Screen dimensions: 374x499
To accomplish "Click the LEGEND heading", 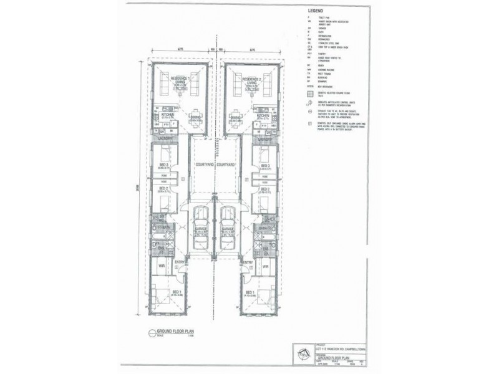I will click(x=315, y=11).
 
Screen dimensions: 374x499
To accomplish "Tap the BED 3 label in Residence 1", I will click(x=163, y=166).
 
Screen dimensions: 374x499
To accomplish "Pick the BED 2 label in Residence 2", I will click(x=264, y=188).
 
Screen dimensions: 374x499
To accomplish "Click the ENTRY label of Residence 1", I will click(x=180, y=262).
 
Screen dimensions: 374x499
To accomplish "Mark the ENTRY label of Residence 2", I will click(x=247, y=262).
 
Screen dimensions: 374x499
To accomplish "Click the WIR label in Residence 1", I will click(x=162, y=266).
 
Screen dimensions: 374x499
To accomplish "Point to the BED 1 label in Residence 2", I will click(x=250, y=292).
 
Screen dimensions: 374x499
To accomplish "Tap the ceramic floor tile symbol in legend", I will click(x=311, y=95).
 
